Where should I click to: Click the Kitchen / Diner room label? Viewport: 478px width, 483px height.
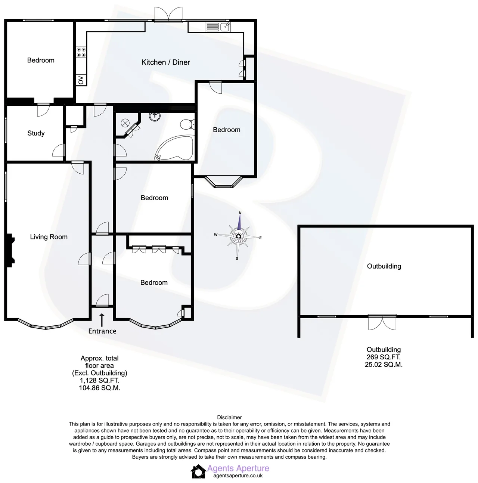pyautogui.click(x=165, y=62)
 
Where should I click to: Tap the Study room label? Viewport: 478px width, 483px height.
pyautogui.click(x=36, y=133)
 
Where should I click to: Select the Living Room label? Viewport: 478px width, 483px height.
pyautogui.click(x=49, y=237)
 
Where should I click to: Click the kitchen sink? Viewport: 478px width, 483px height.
pyautogui.click(x=218, y=27)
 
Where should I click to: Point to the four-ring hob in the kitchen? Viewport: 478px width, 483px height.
pyautogui.click(x=81, y=52)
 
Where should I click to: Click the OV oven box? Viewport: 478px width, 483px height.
pyautogui.click(x=81, y=80)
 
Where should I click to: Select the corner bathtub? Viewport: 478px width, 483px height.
pyautogui.click(x=175, y=148)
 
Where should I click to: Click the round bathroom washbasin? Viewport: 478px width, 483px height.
pyautogui.click(x=155, y=116)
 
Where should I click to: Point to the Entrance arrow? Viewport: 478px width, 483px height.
pyautogui.click(x=102, y=320)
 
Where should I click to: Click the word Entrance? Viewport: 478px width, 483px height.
pyautogui.click(x=102, y=331)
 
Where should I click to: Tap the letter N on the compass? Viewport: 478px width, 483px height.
pyautogui.click(x=240, y=213)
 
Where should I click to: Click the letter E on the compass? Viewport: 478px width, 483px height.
pyautogui.click(x=260, y=238)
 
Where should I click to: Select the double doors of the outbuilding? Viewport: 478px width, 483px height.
pyautogui.click(x=382, y=322)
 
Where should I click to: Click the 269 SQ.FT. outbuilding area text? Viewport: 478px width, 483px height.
pyautogui.click(x=384, y=357)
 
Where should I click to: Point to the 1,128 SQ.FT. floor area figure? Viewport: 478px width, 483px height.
pyautogui.click(x=99, y=380)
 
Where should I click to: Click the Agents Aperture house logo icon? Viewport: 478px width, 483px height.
pyautogui.click(x=198, y=471)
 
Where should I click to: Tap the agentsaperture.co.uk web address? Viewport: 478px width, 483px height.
pyautogui.click(x=238, y=476)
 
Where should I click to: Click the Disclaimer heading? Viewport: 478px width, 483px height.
pyautogui.click(x=229, y=417)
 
